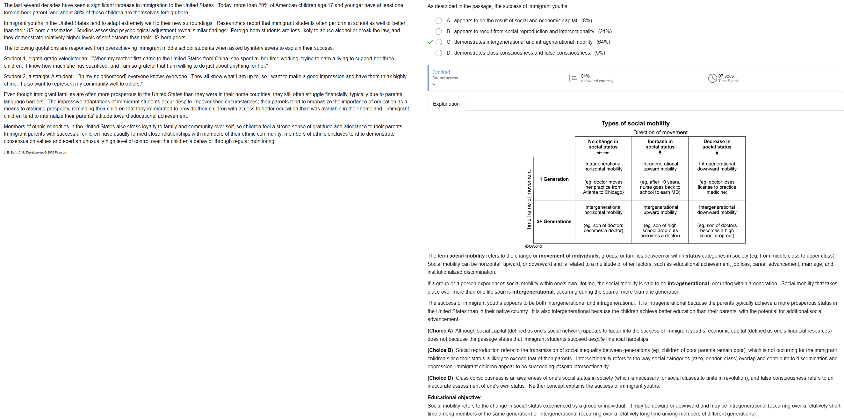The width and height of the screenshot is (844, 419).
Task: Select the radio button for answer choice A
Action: coord(438,21)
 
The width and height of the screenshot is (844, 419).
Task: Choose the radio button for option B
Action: coord(438,32)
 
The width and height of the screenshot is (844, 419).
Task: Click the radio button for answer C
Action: coord(438,42)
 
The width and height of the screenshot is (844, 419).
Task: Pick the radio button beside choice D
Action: coord(438,53)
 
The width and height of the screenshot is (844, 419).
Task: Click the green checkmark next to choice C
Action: coord(430,42)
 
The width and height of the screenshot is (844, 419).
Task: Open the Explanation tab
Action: coord(446,104)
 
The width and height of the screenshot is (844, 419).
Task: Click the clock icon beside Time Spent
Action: coord(712,79)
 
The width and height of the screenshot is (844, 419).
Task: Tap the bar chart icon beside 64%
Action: coord(573,79)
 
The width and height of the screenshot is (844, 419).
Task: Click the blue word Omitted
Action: coord(441,72)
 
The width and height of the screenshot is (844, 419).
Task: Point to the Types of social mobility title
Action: coord(635,123)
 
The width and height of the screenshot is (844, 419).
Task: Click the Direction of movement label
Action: coord(660,132)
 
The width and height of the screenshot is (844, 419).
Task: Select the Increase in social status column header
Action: coord(660,144)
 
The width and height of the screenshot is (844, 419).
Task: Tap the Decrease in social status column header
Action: coord(717,144)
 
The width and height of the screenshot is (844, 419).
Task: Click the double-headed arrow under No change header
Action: coord(602,153)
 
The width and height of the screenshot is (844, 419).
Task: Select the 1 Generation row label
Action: coord(554,179)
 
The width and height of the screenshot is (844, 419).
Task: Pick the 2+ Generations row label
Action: coord(554,221)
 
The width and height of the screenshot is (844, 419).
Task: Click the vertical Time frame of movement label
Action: coord(529,200)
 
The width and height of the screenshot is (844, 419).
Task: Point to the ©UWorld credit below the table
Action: coord(533,246)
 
